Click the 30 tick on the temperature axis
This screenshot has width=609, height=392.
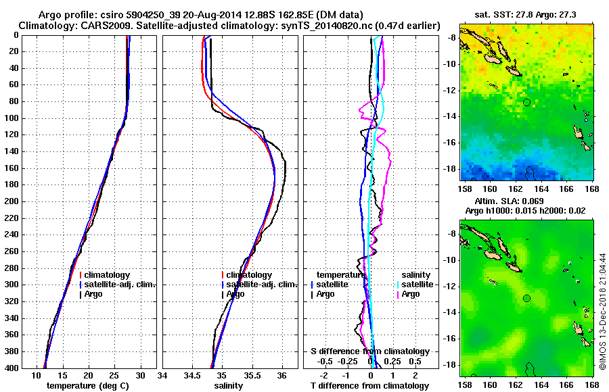pyautogui.click(x=140, y=375)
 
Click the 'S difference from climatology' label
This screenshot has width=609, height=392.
pyautogui.click(x=369, y=351)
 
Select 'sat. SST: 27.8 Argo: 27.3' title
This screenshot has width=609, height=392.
pyautogui.click(x=526, y=14)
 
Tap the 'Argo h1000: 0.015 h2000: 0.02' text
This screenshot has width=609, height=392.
pyautogui.click(x=526, y=212)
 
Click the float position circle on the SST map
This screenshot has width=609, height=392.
pyautogui.click(x=526, y=102)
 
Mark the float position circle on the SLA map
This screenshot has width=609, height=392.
pyautogui.click(x=526, y=298)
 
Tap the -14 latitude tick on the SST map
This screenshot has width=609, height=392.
pyautogui.click(x=451, y=116)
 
